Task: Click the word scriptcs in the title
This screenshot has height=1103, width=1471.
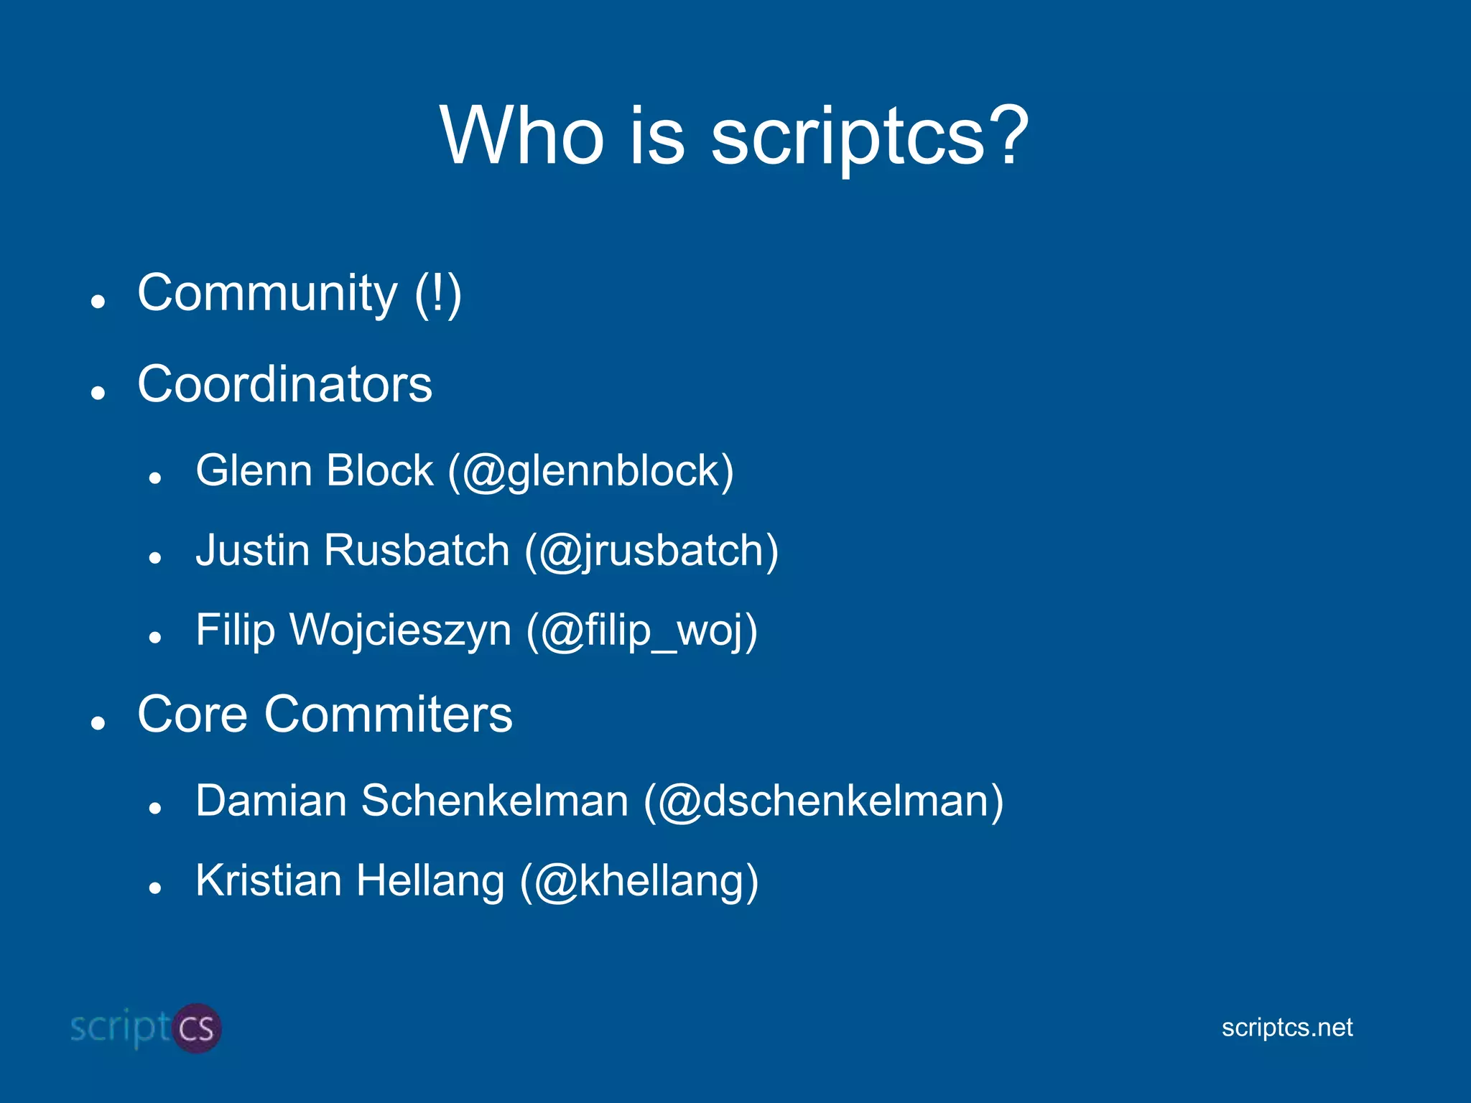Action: click(x=847, y=136)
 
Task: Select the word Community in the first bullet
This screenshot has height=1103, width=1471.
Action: click(x=266, y=294)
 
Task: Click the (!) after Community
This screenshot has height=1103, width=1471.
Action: click(x=437, y=294)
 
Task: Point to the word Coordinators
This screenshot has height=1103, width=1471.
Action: click(x=284, y=384)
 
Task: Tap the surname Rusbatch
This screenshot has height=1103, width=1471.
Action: click(x=417, y=551)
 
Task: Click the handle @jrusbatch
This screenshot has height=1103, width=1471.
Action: click(x=651, y=551)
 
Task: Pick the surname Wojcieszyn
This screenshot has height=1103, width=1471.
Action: click(x=400, y=630)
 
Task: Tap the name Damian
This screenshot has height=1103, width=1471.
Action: click(x=271, y=801)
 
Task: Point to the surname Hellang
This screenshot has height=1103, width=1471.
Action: click(x=430, y=881)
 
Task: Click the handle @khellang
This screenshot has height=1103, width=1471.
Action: click(x=639, y=882)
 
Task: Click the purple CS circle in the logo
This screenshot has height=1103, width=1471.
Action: click(x=196, y=1028)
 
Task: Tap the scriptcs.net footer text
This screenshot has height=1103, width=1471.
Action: click(x=1286, y=1028)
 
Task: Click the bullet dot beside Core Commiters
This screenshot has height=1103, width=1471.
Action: click(x=98, y=723)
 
